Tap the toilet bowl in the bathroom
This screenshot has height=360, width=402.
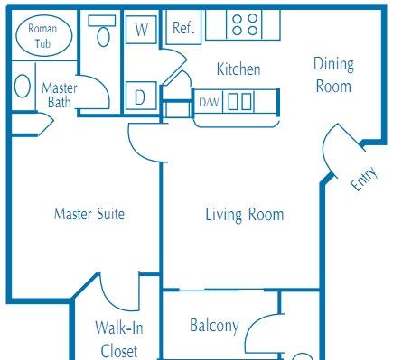(x=103, y=37)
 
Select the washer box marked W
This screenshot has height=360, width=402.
(x=141, y=30)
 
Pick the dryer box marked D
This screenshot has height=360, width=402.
(x=141, y=96)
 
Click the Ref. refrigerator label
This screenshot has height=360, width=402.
(x=183, y=28)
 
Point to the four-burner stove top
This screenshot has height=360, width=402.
(x=245, y=24)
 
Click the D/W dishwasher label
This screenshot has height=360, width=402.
(x=209, y=102)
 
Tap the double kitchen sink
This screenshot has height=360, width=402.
(x=240, y=102)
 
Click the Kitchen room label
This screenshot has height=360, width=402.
(x=238, y=69)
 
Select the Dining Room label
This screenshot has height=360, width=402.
(x=333, y=75)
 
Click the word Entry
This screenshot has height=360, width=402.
(x=364, y=179)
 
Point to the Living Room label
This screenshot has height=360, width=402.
(x=245, y=215)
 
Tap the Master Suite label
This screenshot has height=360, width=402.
(x=89, y=214)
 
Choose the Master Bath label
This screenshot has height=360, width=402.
(x=60, y=95)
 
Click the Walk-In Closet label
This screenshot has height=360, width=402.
(x=119, y=339)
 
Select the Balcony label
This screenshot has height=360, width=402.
(x=214, y=326)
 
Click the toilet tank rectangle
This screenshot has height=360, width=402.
(x=102, y=21)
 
